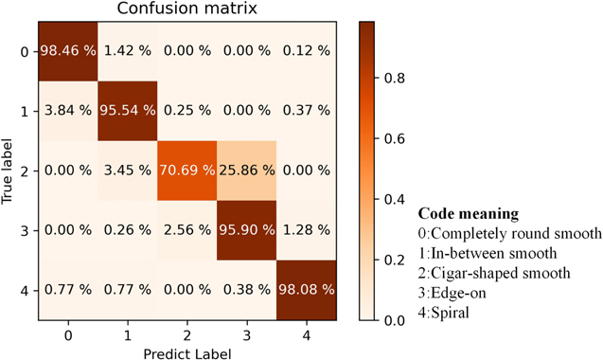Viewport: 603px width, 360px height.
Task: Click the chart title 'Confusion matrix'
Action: (x=186, y=10)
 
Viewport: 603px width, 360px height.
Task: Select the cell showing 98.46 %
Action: (x=67, y=50)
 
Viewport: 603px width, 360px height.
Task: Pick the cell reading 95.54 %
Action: (x=127, y=110)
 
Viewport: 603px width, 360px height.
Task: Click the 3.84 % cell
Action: (x=67, y=110)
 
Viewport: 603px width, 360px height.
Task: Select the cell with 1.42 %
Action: (x=127, y=50)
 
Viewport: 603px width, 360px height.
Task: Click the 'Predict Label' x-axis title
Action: (x=186, y=353)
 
